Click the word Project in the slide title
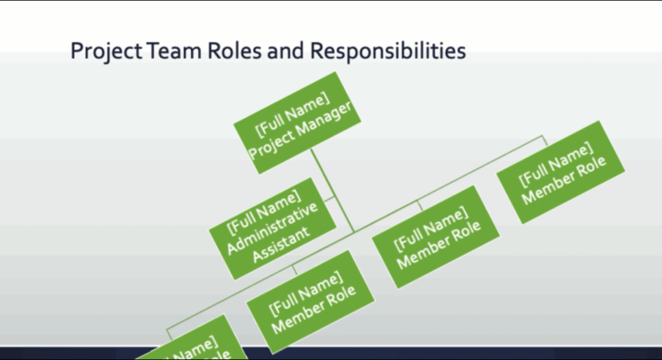click(x=103, y=52)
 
